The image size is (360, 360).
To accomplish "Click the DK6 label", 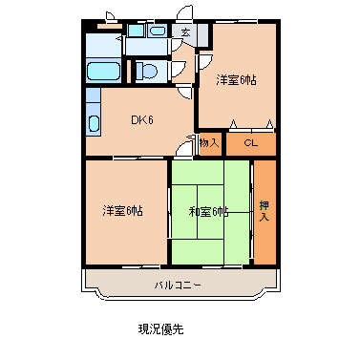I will [141, 119].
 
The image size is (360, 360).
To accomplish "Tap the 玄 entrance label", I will [185, 33].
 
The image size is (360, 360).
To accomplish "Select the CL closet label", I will [250, 143].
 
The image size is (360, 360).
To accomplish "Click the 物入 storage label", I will [209, 143].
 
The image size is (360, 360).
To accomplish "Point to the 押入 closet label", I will [265, 210].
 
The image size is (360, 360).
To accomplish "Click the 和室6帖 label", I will [208, 211].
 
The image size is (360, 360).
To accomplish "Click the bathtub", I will [102, 72].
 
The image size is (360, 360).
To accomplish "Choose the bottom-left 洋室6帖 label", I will [123, 210].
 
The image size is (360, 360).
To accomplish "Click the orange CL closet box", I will [250, 143].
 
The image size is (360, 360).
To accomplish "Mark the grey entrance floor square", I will [185, 33].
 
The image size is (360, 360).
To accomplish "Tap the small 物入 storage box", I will [209, 143].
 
